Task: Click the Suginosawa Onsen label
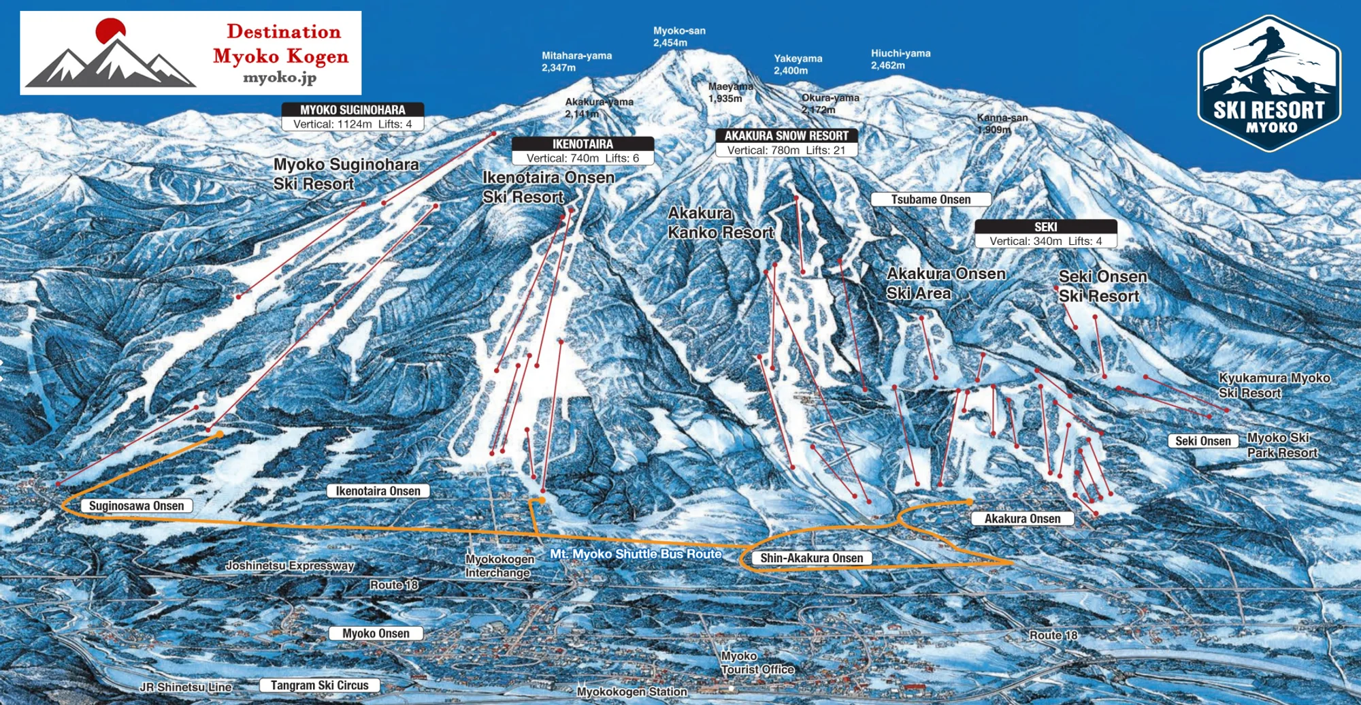coord(136,506)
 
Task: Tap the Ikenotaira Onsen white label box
coord(378,491)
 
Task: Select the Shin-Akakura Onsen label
coord(811,558)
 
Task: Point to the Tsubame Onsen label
coord(930,199)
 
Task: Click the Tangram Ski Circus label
coord(319,685)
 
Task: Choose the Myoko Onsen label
coord(376,633)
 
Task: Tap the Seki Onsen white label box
coord(1202,441)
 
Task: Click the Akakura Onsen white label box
coord(1022,519)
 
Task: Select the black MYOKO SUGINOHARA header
coord(352,110)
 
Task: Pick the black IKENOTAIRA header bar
coord(583,144)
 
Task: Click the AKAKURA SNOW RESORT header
coord(786,135)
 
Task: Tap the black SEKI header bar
coord(1045,227)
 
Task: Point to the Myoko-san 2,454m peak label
coord(679,37)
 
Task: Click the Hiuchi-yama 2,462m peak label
coord(900,59)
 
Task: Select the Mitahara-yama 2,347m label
coord(576,61)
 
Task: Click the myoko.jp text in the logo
coord(280,78)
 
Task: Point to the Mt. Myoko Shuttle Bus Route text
coord(636,554)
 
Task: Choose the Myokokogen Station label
coord(632,691)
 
